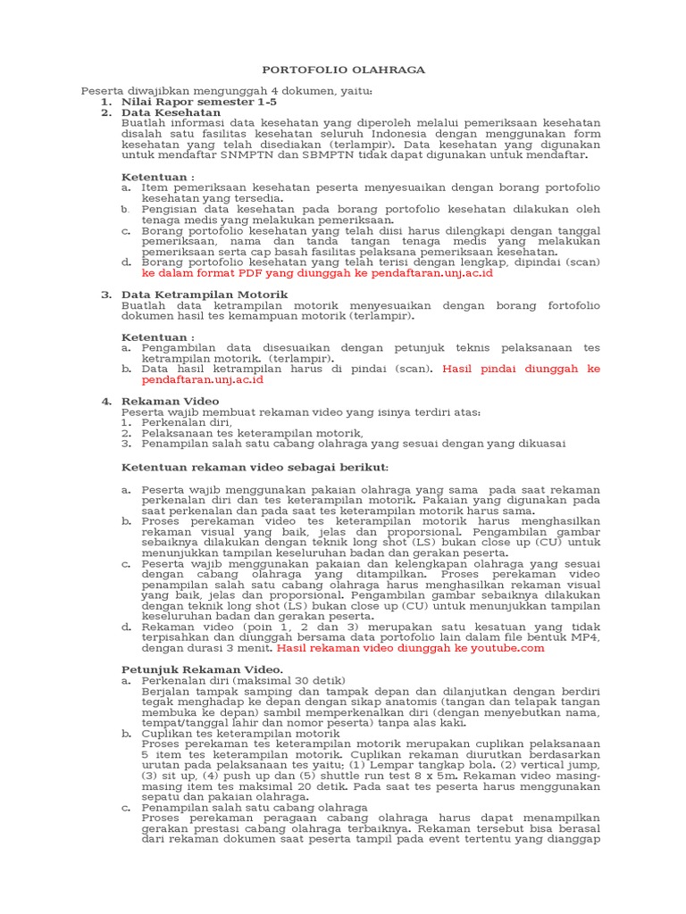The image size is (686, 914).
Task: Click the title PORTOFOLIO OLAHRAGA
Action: pos(343,70)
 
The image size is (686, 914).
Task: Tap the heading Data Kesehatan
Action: pos(171,113)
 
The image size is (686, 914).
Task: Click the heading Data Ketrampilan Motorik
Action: pos(205,294)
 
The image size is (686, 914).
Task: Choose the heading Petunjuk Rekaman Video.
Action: pos(202,669)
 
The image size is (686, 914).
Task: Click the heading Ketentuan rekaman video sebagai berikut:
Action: pos(255,467)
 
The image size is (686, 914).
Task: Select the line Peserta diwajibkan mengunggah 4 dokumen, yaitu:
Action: pos(227,91)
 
